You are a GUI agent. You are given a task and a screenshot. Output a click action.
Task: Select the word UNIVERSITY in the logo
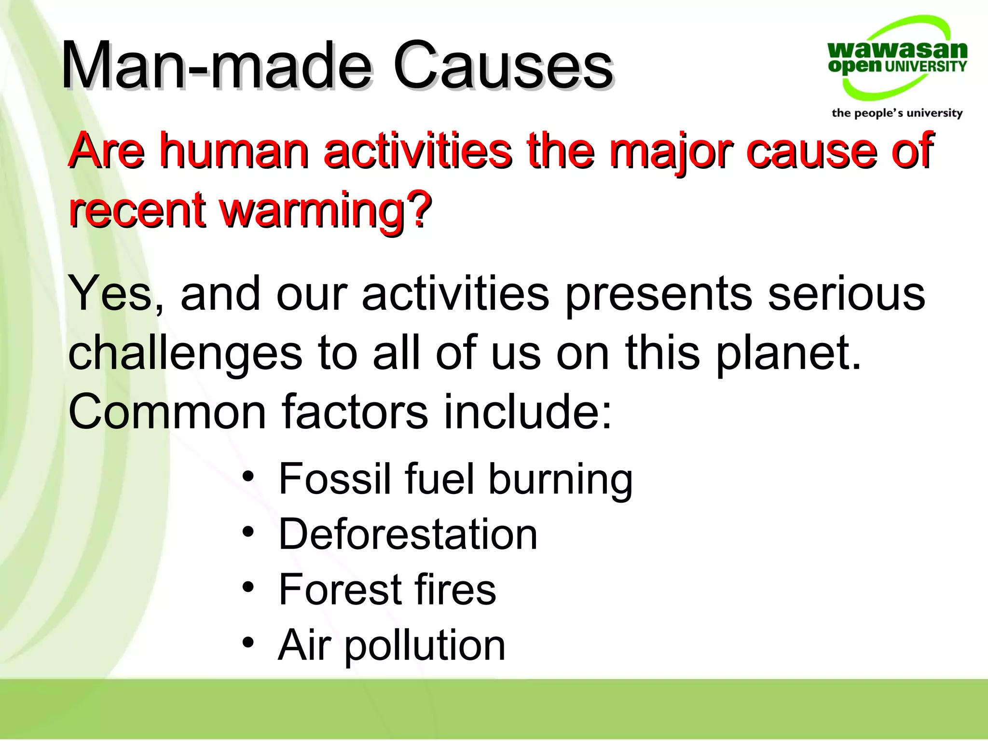(x=925, y=67)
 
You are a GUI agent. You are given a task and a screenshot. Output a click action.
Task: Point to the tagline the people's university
(x=897, y=113)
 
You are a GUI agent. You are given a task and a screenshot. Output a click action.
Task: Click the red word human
(x=234, y=151)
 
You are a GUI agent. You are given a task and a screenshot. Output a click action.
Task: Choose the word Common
(x=167, y=412)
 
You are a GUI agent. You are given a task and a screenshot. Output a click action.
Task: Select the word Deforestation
(x=408, y=535)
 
